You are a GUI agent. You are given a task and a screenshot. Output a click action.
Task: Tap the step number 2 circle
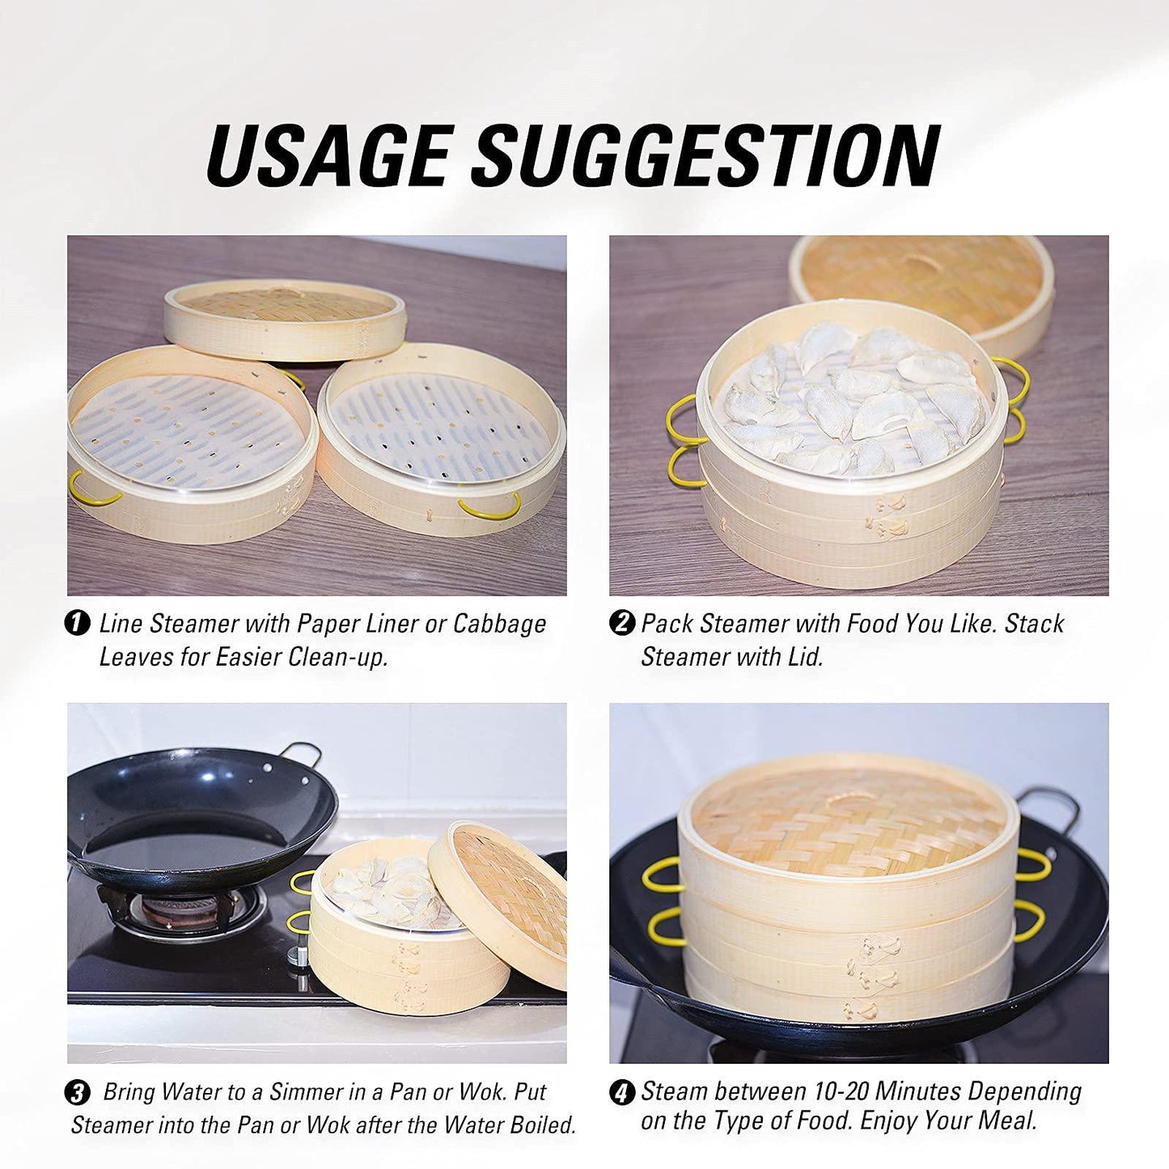(621, 624)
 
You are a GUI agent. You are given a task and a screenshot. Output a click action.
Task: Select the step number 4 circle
(621, 1093)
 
